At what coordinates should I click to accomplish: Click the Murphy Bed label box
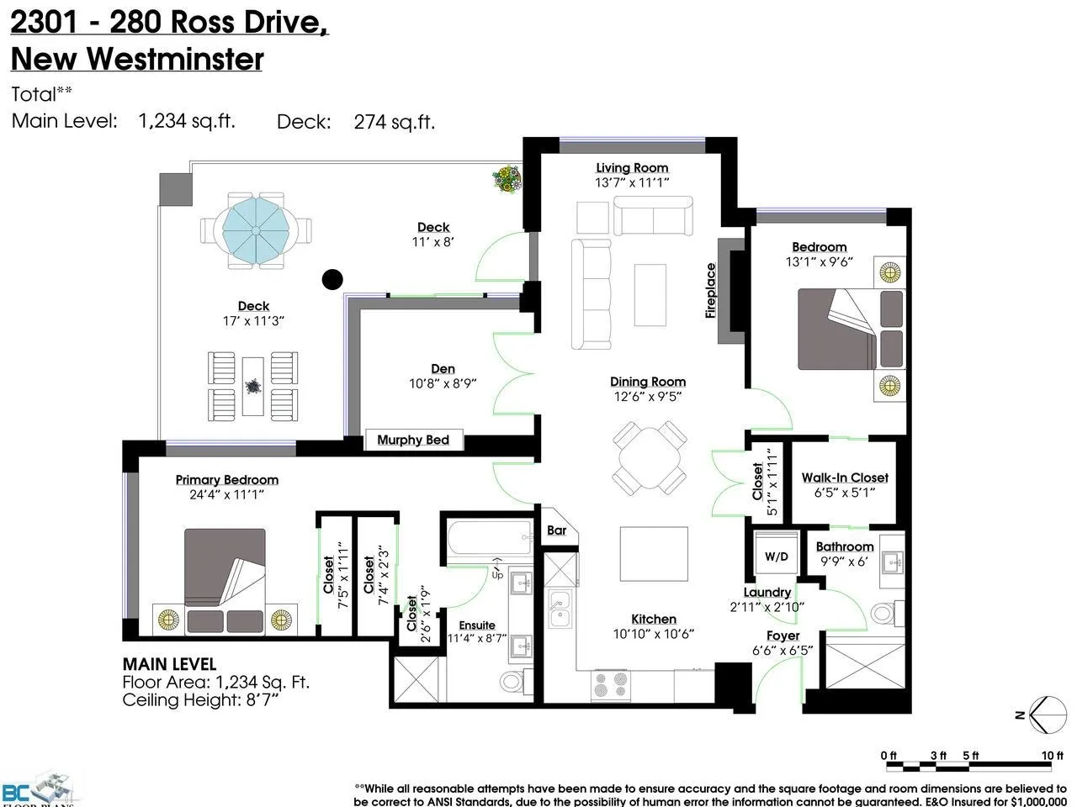point(413,440)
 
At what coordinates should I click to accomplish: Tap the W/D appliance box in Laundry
point(776,556)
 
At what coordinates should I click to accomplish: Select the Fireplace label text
point(710,291)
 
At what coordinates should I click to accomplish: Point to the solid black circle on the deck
point(333,279)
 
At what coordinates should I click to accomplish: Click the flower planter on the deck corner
point(507,178)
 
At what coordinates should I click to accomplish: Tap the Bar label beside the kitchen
point(556,530)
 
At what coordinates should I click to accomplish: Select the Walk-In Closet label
point(845,477)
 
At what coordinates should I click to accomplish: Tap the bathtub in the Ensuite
point(488,538)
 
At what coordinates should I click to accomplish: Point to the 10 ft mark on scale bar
point(1053,757)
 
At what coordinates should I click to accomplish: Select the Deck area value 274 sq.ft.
point(394,122)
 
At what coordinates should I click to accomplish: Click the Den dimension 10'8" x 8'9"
point(443,383)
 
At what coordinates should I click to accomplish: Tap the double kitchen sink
point(560,609)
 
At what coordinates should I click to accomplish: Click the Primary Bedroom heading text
point(226,480)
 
